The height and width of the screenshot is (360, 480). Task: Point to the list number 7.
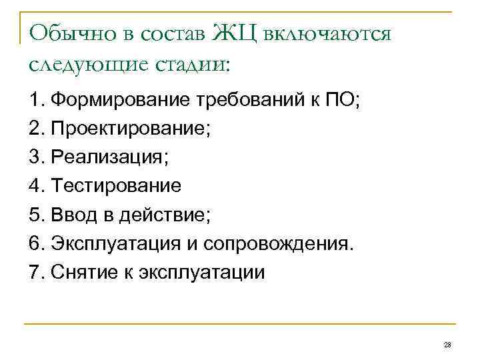[x=35, y=272]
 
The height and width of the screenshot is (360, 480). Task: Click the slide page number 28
[x=447, y=344]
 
